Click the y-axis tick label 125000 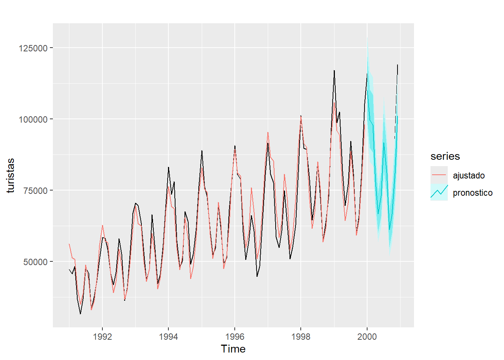(x=33, y=48)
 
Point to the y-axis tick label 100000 (x=33, y=120)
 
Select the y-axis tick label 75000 (x=36, y=191)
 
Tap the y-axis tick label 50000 (x=36, y=262)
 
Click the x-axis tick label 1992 (x=102, y=337)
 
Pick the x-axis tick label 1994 (x=168, y=337)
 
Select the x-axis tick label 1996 (x=235, y=337)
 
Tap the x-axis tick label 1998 (x=301, y=337)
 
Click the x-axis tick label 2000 (x=367, y=337)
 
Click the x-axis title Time (x=233, y=349)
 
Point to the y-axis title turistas (x=10, y=175)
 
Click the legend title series (x=445, y=156)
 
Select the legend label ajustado (x=469, y=175)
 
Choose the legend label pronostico (x=472, y=193)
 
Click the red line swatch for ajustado (x=439, y=175)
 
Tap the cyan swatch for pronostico (x=439, y=192)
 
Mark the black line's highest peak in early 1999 (x=334, y=70)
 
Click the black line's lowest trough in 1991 (x=80, y=314)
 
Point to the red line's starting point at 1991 (x=69, y=244)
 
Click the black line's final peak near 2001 (x=397, y=65)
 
